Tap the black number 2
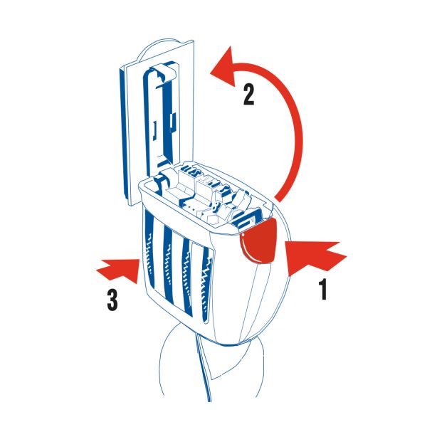pos(249,95)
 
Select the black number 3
pos(112,300)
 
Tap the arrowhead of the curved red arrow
pos(225,68)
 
